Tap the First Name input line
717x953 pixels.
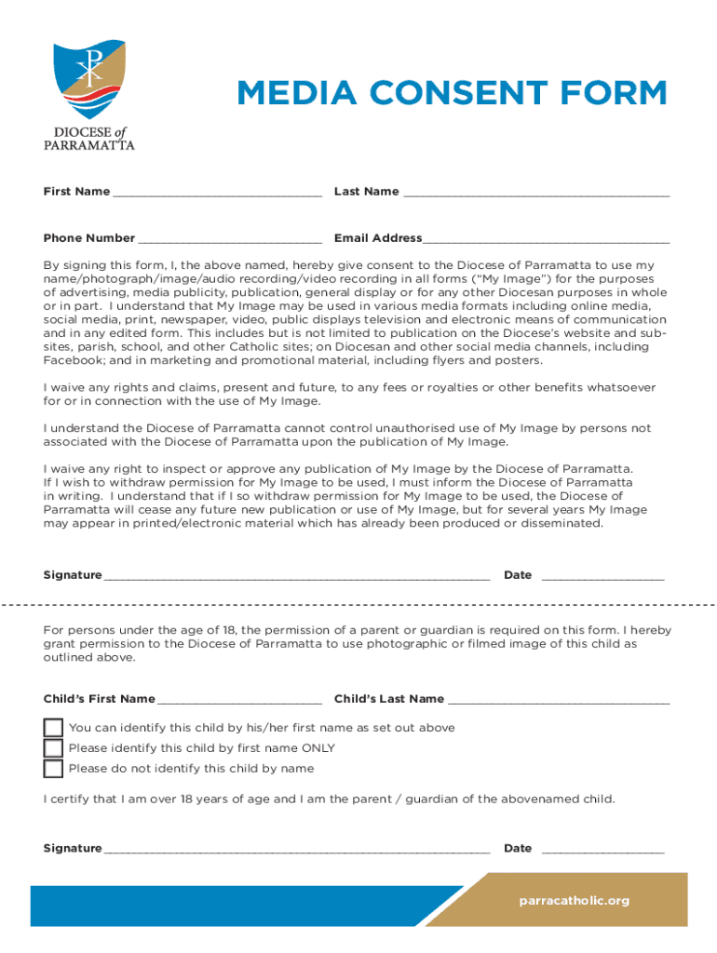(x=216, y=194)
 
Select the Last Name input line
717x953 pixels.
(x=535, y=194)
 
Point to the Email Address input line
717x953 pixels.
(x=546, y=240)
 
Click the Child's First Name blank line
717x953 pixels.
(x=239, y=701)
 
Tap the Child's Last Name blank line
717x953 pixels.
(x=558, y=701)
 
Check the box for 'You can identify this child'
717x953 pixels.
(x=54, y=728)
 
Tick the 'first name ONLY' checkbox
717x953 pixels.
(x=54, y=748)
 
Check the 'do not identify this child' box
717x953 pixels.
(x=54, y=769)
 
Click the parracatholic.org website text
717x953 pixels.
(x=575, y=900)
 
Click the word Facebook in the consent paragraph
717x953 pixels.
(x=72, y=360)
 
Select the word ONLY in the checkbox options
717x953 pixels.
(x=318, y=748)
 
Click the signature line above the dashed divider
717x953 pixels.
(x=297, y=577)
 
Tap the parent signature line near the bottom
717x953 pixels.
(x=297, y=851)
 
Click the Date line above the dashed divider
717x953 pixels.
(x=602, y=577)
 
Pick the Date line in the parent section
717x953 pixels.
(x=602, y=851)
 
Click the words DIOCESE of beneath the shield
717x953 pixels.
(x=89, y=132)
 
